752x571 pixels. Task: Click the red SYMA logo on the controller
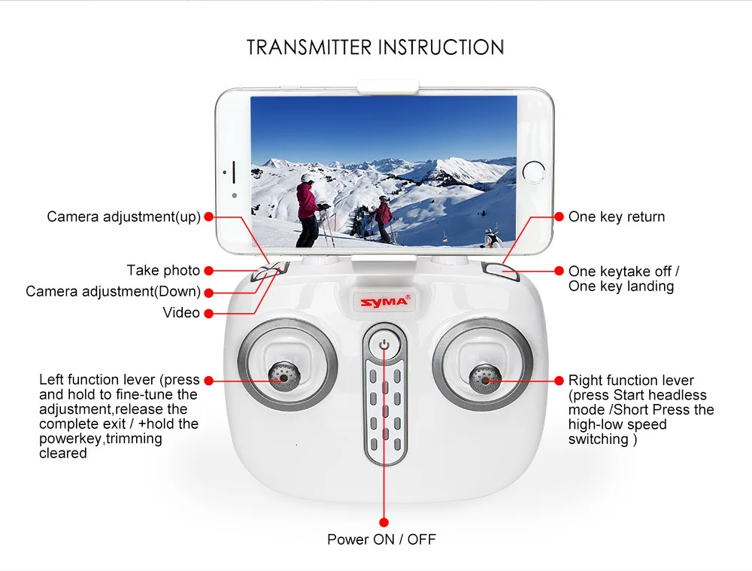384,302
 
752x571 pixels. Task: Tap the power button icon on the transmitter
384,345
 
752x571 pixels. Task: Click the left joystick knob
284,377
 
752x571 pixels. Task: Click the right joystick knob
485,379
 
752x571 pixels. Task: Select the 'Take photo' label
163,270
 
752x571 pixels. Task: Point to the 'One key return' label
617,217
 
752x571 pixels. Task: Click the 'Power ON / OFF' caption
381,539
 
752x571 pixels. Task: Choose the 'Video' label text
180,312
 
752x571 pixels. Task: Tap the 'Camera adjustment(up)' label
124,217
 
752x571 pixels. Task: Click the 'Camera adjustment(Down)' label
114,291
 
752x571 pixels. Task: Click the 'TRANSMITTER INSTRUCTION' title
375,47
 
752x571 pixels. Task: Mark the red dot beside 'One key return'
559,217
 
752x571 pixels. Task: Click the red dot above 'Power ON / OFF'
384,522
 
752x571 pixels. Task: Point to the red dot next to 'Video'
208,313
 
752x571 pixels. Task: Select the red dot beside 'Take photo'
208,271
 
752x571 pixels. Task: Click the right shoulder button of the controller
501,271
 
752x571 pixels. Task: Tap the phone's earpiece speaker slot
234,172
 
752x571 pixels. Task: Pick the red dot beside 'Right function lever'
559,381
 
